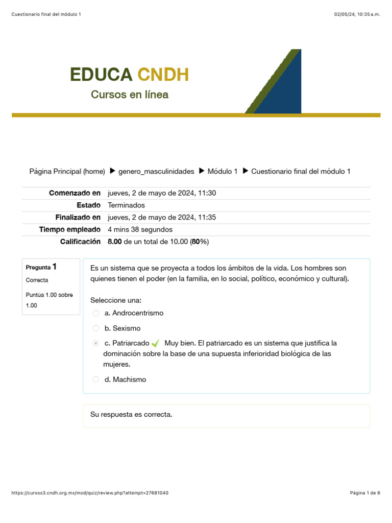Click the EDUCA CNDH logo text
(x=130, y=75)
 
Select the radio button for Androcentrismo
(x=95, y=313)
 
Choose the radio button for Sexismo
(x=95, y=328)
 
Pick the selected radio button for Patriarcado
(x=95, y=343)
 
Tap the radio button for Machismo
(x=95, y=379)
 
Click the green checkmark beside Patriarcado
(x=156, y=343)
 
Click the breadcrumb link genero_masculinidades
(x=156, y=172)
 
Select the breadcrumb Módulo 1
(x=223, y=172)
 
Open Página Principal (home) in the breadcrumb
(x=67, y=172)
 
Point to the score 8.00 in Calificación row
(x=115, y=242)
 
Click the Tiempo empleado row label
(x=70, y=229)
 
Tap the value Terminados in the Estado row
(x=127, y=205)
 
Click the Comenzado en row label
(x=75, y=193)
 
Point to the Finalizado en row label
(x=78, y=217)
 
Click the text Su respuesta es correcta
(x=131, y=414)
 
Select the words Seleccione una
(x=116, y=300)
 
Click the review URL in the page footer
(x=89, y=493)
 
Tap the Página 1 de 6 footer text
(x=365, y=493)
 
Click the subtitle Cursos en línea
(x=130, y=94)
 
